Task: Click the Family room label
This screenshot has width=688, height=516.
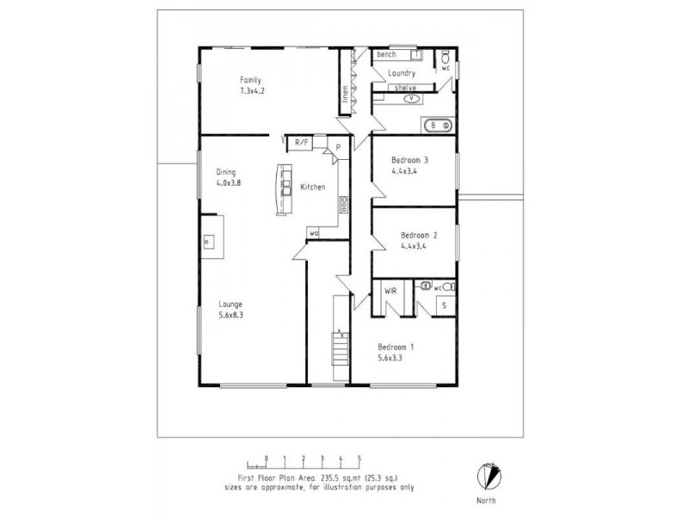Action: (x=250, y=80)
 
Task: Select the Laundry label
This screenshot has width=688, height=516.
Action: (x=402, y=74)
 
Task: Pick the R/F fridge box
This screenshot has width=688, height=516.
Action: (x=302, y=143)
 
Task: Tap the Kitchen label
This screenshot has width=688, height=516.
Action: (x=312, y=187)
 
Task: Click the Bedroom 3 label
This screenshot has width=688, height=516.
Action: (x=409, y=160)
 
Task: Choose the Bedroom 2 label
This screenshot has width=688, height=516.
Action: (x=419, y=235)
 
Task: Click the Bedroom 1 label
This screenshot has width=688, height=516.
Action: (x=396, y=347)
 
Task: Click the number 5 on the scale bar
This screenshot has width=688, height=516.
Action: (x=359, y=458)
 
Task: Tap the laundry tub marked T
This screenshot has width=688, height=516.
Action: (x=416, y=54)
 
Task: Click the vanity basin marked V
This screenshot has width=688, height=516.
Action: (x=412, y=98)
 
